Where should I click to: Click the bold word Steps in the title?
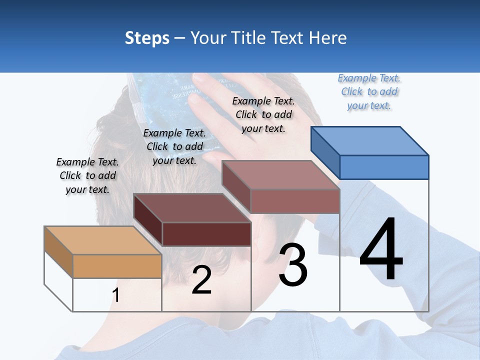146,38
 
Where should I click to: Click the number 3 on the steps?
293,265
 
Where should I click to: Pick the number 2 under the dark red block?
201,280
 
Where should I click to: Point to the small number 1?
116,295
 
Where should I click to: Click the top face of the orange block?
103,240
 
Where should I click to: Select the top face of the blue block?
370,141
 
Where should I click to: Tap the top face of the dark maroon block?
192,207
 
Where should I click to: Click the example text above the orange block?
87,175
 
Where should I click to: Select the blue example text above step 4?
369,91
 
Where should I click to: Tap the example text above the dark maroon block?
174,146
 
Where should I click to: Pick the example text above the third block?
263,114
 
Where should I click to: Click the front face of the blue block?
384,167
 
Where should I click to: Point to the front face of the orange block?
117,266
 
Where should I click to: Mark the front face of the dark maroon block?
206,234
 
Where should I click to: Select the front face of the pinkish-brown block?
295,201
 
